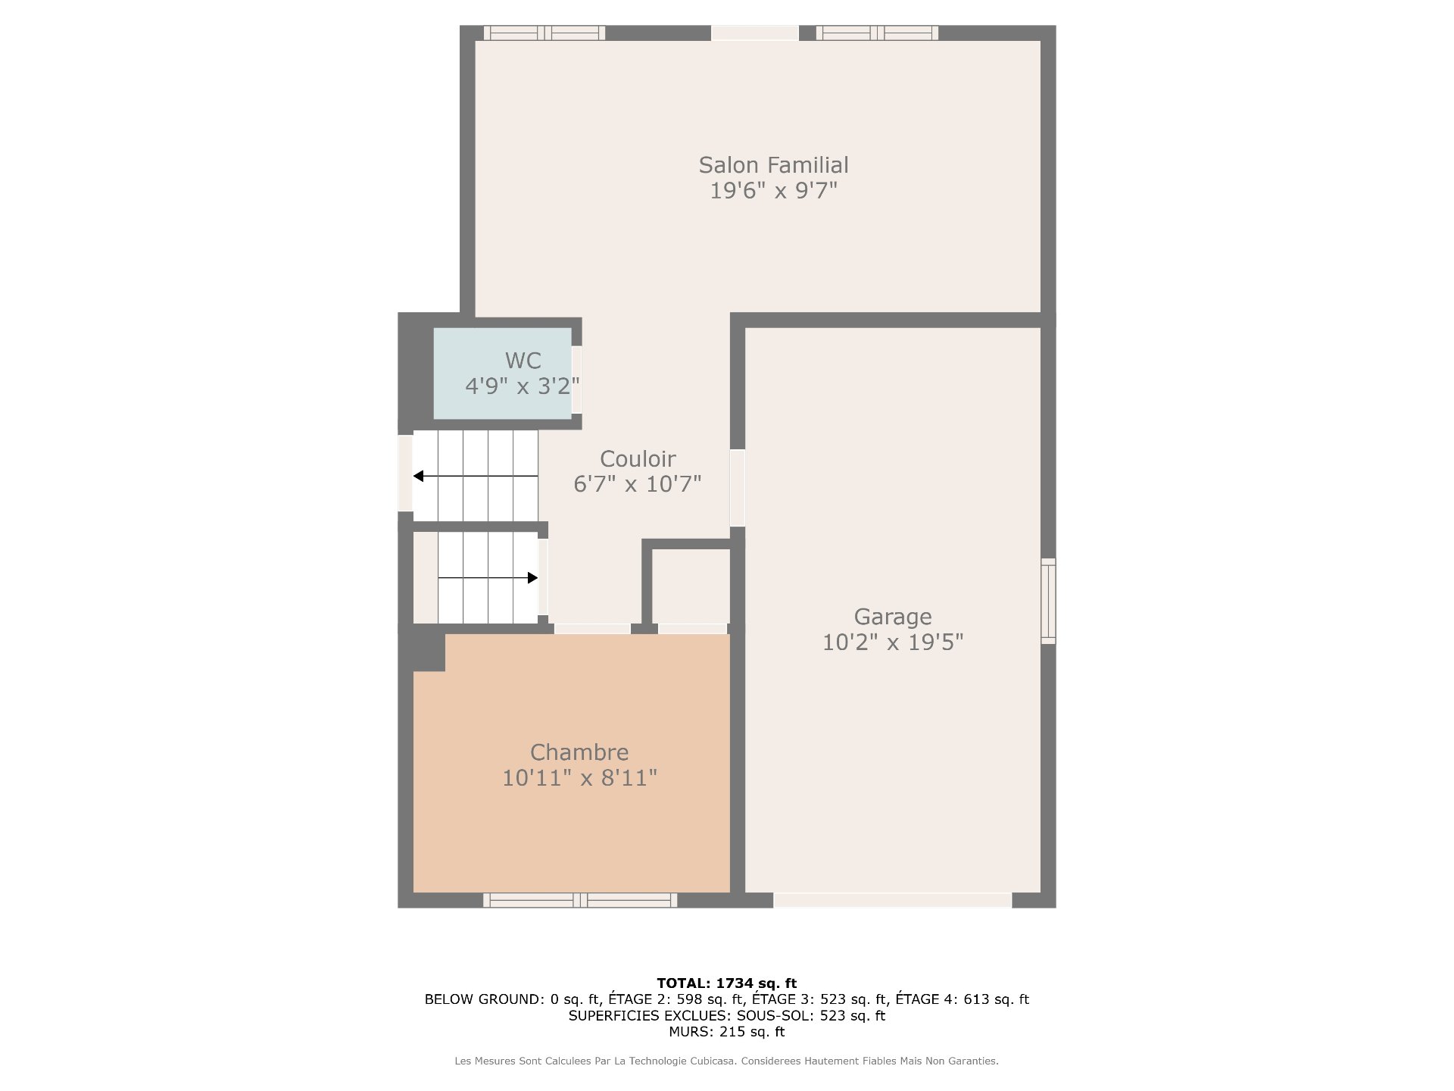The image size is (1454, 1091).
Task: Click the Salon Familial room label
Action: [x=773, y=165]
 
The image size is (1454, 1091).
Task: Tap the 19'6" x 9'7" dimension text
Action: [x=773, y=190]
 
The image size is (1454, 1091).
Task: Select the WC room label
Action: [x=523, y=361]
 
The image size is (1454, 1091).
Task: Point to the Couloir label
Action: [x=638, y=459]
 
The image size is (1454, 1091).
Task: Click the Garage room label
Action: [x=893, y=617]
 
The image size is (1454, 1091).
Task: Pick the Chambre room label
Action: [x=579, y=752]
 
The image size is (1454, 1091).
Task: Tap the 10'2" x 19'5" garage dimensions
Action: [x=893, y=642]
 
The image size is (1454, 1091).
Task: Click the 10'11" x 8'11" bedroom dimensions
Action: [x=579, y=778]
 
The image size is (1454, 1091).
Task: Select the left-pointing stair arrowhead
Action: [x=418, y=476]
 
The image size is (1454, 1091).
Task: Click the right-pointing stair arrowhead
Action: [x=532, y=578]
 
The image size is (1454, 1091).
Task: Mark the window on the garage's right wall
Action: [x=1048, y=602]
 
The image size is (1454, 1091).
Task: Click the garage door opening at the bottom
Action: [x=892, y=900]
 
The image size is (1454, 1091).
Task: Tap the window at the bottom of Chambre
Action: [x=580, y=900]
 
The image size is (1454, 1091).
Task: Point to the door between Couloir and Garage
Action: [x=738, y=488]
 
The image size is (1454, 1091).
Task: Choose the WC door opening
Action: [x=577, y=380]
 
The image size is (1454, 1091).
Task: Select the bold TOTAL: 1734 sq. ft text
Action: [x=727, y=983]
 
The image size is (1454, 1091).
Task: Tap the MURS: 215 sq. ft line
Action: [x=727, y=1032]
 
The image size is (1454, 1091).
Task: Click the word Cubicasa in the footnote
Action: [x=713, y=1061]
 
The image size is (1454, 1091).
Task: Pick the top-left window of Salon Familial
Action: [x=544, y=33]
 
